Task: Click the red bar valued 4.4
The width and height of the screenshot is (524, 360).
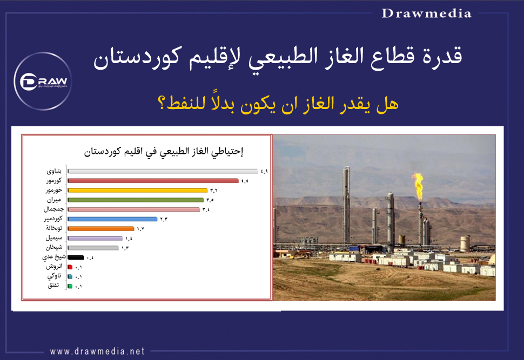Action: (x=153, y=181)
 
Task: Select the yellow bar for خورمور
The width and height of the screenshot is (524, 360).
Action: (x=138, y=191)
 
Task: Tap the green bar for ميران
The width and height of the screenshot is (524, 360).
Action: (x=136, y=200)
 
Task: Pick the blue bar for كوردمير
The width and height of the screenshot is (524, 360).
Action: (x=112, y=219)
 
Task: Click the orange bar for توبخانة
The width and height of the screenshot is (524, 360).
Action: (x=100, y=229)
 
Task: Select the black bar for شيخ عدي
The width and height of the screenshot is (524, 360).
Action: (x=76, y=258)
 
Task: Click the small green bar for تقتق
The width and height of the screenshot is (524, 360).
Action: (x=70, y=286)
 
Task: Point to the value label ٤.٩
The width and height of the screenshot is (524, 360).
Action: (x=264, y=172)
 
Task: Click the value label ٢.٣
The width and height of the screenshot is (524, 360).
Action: (x=163, y=219)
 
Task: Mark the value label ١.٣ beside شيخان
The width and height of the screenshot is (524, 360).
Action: (x=125, y=248)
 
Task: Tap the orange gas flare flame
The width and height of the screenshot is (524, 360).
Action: (x=417, y=184)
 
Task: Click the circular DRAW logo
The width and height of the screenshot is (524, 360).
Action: (x=44, y=81)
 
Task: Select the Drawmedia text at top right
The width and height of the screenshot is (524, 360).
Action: (x=426, y=13)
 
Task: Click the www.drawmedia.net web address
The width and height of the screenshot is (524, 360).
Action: (x=98, y=351)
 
